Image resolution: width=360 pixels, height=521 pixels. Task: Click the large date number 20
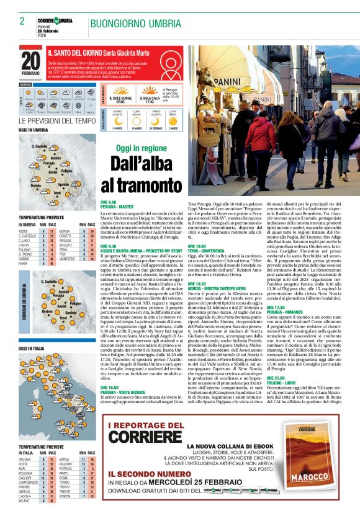pyautogui.click(x=30, y=60)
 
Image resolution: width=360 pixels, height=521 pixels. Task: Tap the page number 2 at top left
pyautogui.click(x=22, y=20)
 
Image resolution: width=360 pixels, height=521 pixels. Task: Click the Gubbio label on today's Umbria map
pyautogui.click(x=56, y=158)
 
